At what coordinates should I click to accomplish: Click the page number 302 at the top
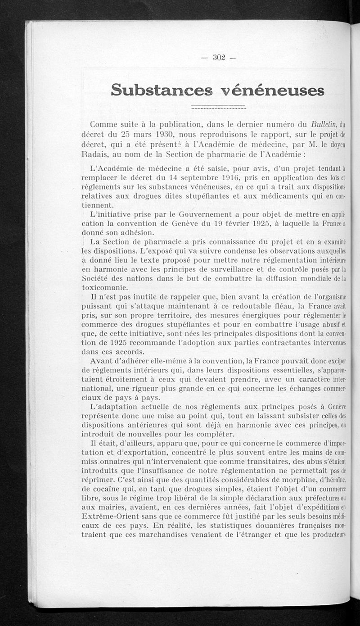click(219, 57)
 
